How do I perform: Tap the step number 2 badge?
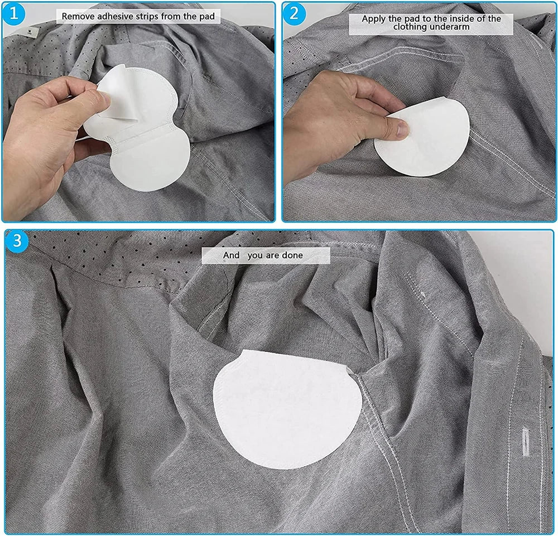click(x=294, y=13)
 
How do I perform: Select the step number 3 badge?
click(x=17, y=242)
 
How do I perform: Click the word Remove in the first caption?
click(x=78, y=16)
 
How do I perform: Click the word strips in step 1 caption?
click(x=148, y=16)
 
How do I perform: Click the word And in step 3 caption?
click(x=231, y=255)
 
